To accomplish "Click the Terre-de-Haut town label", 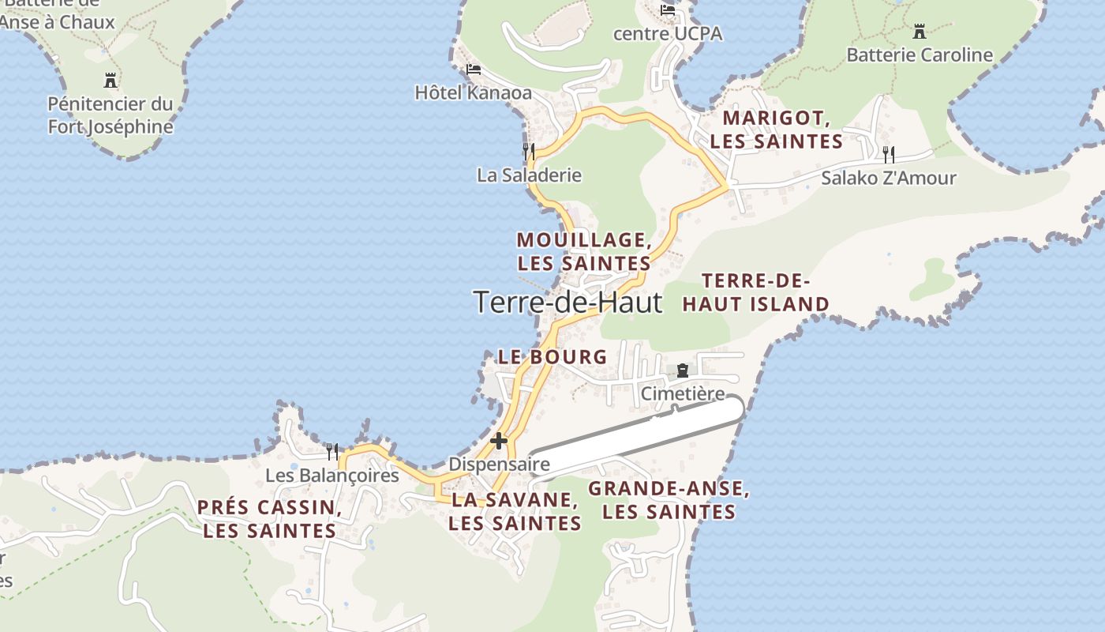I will [567, 302].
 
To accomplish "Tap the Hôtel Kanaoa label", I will [474, 92].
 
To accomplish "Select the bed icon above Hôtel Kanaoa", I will [474, 70].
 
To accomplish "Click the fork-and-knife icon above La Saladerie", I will [529, 151].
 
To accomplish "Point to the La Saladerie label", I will [529, 175].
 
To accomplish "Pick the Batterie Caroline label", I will [920, 55].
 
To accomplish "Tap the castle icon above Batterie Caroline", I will [920, 32].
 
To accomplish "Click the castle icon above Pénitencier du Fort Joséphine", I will [110, 80].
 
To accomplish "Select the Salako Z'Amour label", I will [888, 179].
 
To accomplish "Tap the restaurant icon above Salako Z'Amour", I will [889, 153].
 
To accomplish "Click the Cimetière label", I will [683, 393].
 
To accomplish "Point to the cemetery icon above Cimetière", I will [683, 370].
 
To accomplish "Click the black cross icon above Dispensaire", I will [499, 440].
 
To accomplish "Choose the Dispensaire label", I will [499, 465].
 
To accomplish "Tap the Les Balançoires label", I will [332, 476].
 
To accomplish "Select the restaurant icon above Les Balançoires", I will [332, 452].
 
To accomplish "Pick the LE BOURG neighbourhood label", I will [552, 357].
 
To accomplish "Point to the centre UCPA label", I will [668, 34].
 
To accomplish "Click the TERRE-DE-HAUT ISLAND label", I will [755, 292].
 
